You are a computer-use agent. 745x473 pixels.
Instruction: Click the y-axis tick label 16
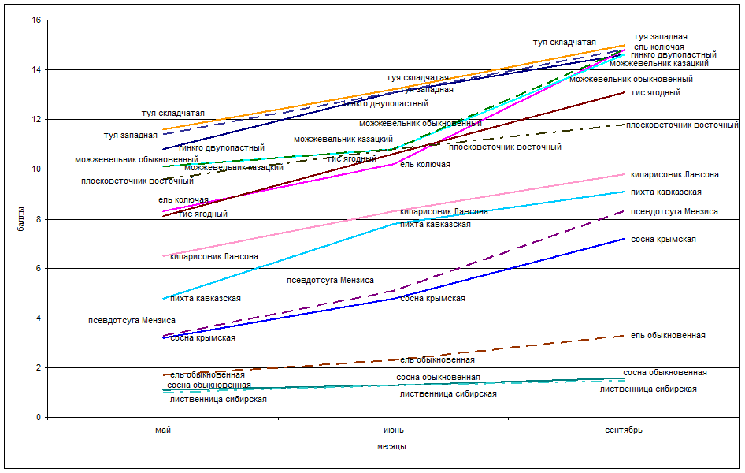[x=36, y=20]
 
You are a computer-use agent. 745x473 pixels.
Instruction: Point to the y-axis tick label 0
[x=39, y=418]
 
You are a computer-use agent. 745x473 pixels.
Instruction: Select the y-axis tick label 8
[x=39, y=219]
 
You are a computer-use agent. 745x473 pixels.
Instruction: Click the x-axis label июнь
[x=394, y=430]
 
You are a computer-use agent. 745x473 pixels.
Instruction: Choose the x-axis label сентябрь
[x=624, y=430]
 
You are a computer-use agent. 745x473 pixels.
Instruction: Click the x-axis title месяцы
[x=391, y=446]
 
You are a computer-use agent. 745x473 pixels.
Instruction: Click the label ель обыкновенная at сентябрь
[x=668, y=336]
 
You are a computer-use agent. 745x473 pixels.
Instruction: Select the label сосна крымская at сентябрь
[x=663, y=240]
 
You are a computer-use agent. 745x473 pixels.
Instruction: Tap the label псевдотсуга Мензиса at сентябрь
[x=674, y=212]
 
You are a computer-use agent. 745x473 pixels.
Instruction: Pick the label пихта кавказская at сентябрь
[x=666, y=192]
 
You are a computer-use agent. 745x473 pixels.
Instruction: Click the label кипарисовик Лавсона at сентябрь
[x=675, y=175]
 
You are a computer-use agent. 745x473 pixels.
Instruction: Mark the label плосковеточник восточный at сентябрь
[x=682, y=125]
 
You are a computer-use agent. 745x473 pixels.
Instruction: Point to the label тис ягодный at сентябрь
[x=655, y=93]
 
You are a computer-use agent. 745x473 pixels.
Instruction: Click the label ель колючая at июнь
[x=425, y=165]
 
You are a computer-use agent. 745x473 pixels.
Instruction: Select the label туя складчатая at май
[x=173, y=114]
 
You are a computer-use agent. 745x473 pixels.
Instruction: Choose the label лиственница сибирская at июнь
[x=448, y=393]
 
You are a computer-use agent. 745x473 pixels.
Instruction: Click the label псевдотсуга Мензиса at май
[x=132, y=321]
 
